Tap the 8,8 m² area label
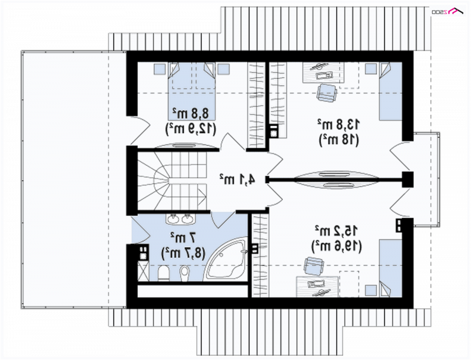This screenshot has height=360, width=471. tap(190, 114)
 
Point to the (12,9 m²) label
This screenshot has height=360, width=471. tap(190, 129)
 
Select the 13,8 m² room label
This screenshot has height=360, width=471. tap(339, 124)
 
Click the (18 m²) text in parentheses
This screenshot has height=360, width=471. tap(339, 139)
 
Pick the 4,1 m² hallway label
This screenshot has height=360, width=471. tap(237, 179)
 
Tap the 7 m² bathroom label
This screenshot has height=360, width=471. tap(183, 238)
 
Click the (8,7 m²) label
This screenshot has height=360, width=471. tap(183, 253)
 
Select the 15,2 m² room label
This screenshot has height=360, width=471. tap(337, 231)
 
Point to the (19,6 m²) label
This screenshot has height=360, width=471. tap(337, 246)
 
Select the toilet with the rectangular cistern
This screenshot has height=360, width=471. tap(163, 273)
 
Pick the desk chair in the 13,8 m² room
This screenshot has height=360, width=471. tap(326, 94)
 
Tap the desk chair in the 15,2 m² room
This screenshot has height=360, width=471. tap(314, 265)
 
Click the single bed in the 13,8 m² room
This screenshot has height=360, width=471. tap(390, 92)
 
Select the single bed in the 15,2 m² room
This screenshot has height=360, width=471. tap(390, 268)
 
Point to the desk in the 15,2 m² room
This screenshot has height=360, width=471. tap(317, 287)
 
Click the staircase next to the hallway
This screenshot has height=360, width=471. tap(173, 182)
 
